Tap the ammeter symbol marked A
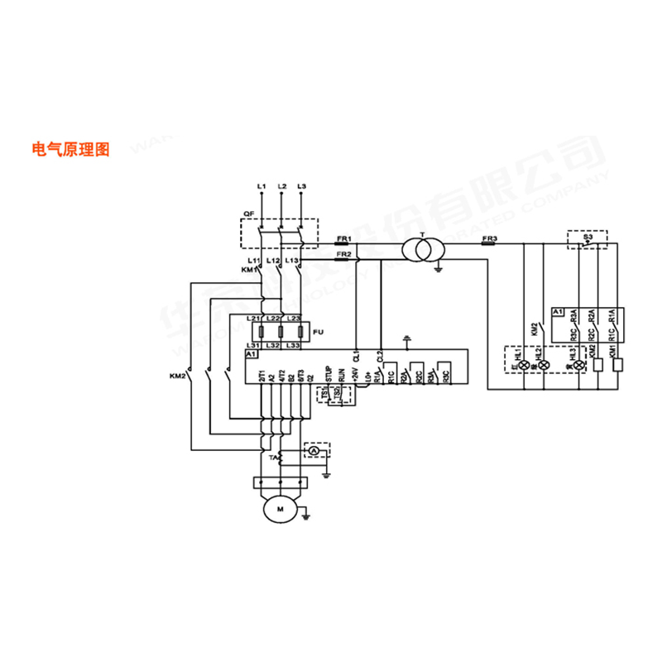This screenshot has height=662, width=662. tap(314, 450)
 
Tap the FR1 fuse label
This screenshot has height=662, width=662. tap(343, 238)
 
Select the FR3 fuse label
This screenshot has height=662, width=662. tap(488, 238)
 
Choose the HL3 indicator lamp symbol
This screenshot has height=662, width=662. tap(578, 364)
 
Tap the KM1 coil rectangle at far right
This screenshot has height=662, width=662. tap(616, 366)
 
